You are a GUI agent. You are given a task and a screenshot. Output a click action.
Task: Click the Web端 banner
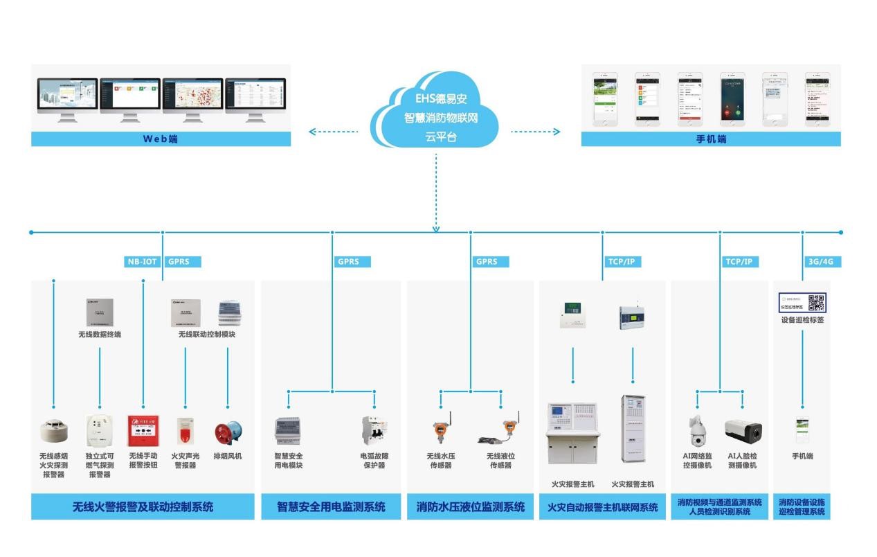pyautogui.click(x=161, y=139)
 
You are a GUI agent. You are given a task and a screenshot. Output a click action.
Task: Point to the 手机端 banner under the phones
pyautogui.click(x=711, y=139)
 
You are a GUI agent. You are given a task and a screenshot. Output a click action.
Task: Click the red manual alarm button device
pyautogui.click(x=143, y=431)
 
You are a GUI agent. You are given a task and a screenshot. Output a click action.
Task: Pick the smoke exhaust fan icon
pyautogui.click(x=228, y=432)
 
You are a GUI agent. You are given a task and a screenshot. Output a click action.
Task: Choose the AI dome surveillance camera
pyautogui.click(x=697, y=432)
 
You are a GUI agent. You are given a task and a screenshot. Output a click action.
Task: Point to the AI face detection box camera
pyautogui.click(x=743, y=431)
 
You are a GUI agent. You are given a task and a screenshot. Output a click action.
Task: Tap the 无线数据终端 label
pyautogui.click(x=100, y=334)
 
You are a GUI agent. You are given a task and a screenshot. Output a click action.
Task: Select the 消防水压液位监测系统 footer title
pyautogui.click(x=471, y=506)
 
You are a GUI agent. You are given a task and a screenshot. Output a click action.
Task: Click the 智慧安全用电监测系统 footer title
pyautogui.click(x=331, y=506)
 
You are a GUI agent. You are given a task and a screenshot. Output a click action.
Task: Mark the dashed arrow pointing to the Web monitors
pyautogui.click(x=334, y=132)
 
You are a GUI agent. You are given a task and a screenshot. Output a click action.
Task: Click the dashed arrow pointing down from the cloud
pyautogui.click(x=436, y=194)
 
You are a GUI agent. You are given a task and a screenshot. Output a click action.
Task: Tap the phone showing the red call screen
pyautogui.click(x=732, y=99)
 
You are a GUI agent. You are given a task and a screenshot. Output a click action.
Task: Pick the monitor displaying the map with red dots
pyautogui.click(x=192, y=97)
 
